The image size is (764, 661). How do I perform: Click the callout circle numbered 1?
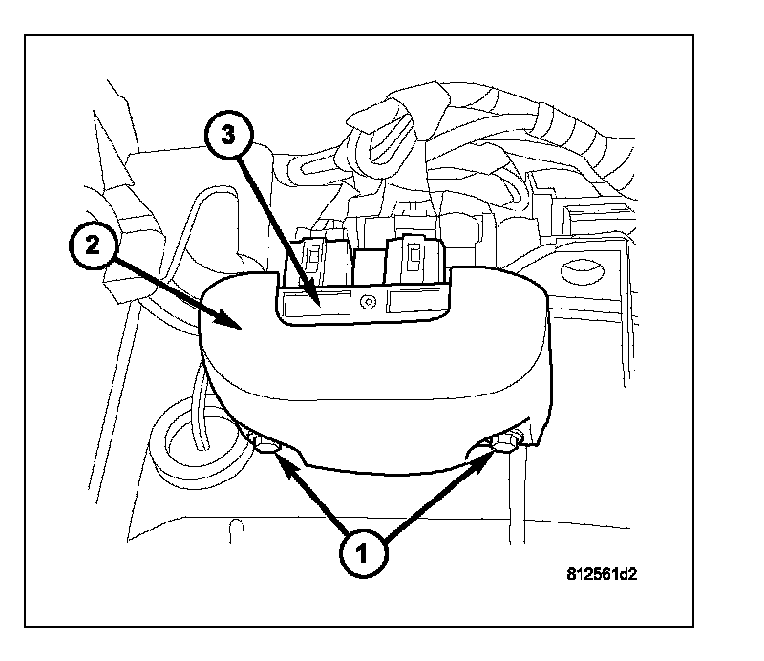coord(363,554)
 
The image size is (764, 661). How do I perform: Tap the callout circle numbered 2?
coord(93,245)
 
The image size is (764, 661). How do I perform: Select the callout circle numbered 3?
coord(228,136)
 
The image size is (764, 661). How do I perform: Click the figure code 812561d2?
coord(602,574)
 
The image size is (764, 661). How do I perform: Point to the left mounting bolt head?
coord(265,442)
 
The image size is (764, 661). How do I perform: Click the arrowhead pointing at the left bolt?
coord(288,467)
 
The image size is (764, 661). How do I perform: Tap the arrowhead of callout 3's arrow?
coord(314,296)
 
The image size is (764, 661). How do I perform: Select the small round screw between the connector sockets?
coord(369,302)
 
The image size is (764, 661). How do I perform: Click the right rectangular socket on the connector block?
coord(417,300)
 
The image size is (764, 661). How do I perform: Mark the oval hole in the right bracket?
coord(584,271)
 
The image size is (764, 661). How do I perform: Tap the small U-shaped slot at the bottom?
coord(236,530)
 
